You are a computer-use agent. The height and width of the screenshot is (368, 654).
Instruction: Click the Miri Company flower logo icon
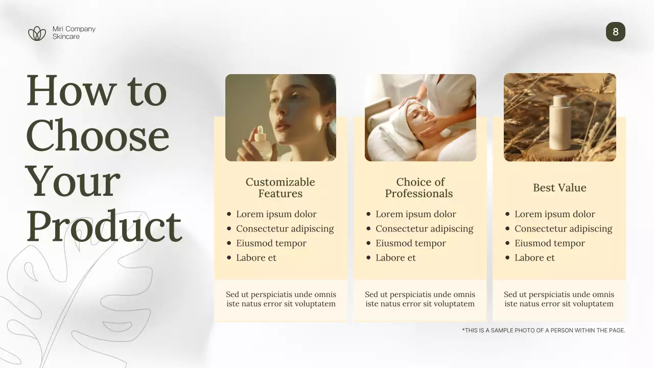point(37,34)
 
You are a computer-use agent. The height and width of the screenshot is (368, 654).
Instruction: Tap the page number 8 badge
point(615,32)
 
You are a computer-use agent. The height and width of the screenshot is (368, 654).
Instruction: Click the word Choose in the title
point(97,136)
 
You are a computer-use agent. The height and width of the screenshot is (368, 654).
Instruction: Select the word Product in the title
point(104,226)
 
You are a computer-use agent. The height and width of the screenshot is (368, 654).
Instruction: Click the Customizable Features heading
point(280,188)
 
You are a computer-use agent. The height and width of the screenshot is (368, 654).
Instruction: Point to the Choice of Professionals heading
point(419,188)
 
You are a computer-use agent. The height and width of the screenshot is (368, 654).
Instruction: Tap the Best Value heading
point(559,188)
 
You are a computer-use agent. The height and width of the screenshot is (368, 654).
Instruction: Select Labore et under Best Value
point(534,258)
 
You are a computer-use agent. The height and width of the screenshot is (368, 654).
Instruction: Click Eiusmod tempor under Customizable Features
point(271,243)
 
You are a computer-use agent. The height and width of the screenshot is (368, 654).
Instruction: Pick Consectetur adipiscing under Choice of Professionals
point(424,228)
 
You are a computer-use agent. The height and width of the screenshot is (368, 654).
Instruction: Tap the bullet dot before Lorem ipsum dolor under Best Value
point(507,214)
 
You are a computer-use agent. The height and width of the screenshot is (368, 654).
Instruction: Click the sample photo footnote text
point(543,330)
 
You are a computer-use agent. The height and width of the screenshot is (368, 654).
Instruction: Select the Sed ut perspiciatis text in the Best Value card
point(559,299)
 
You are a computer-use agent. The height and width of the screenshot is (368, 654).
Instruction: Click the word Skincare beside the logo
point(66,37)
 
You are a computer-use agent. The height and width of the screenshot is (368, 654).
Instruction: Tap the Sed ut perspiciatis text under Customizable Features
point(281,299)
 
